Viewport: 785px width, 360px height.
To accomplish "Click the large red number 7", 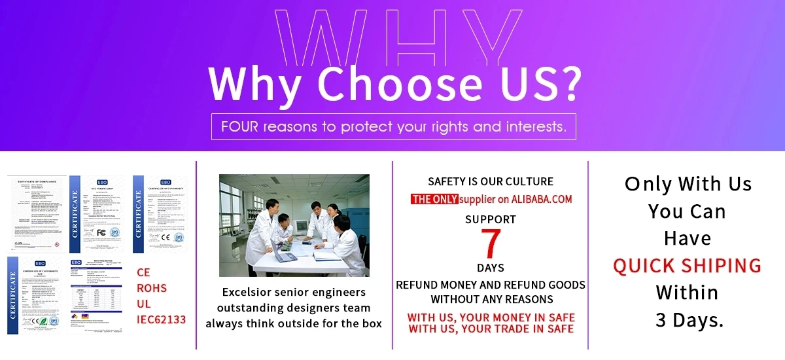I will pos(490,243).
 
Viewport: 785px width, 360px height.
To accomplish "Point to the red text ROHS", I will pos(152,288).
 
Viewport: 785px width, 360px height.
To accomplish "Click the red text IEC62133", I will pos(161,319).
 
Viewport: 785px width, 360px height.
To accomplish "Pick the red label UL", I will pos(144,304).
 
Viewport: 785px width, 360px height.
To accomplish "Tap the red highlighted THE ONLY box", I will pos(434,199).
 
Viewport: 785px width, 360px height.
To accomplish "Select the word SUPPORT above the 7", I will pos(490,219).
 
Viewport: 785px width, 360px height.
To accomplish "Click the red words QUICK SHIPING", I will pos(687,265).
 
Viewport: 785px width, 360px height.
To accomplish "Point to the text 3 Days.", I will pos(689,319).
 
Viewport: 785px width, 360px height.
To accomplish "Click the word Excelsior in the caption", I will pos(249,292).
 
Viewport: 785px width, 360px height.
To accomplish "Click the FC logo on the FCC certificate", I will pos(101,232).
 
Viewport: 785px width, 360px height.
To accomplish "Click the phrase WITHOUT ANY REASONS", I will pos(491,299).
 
